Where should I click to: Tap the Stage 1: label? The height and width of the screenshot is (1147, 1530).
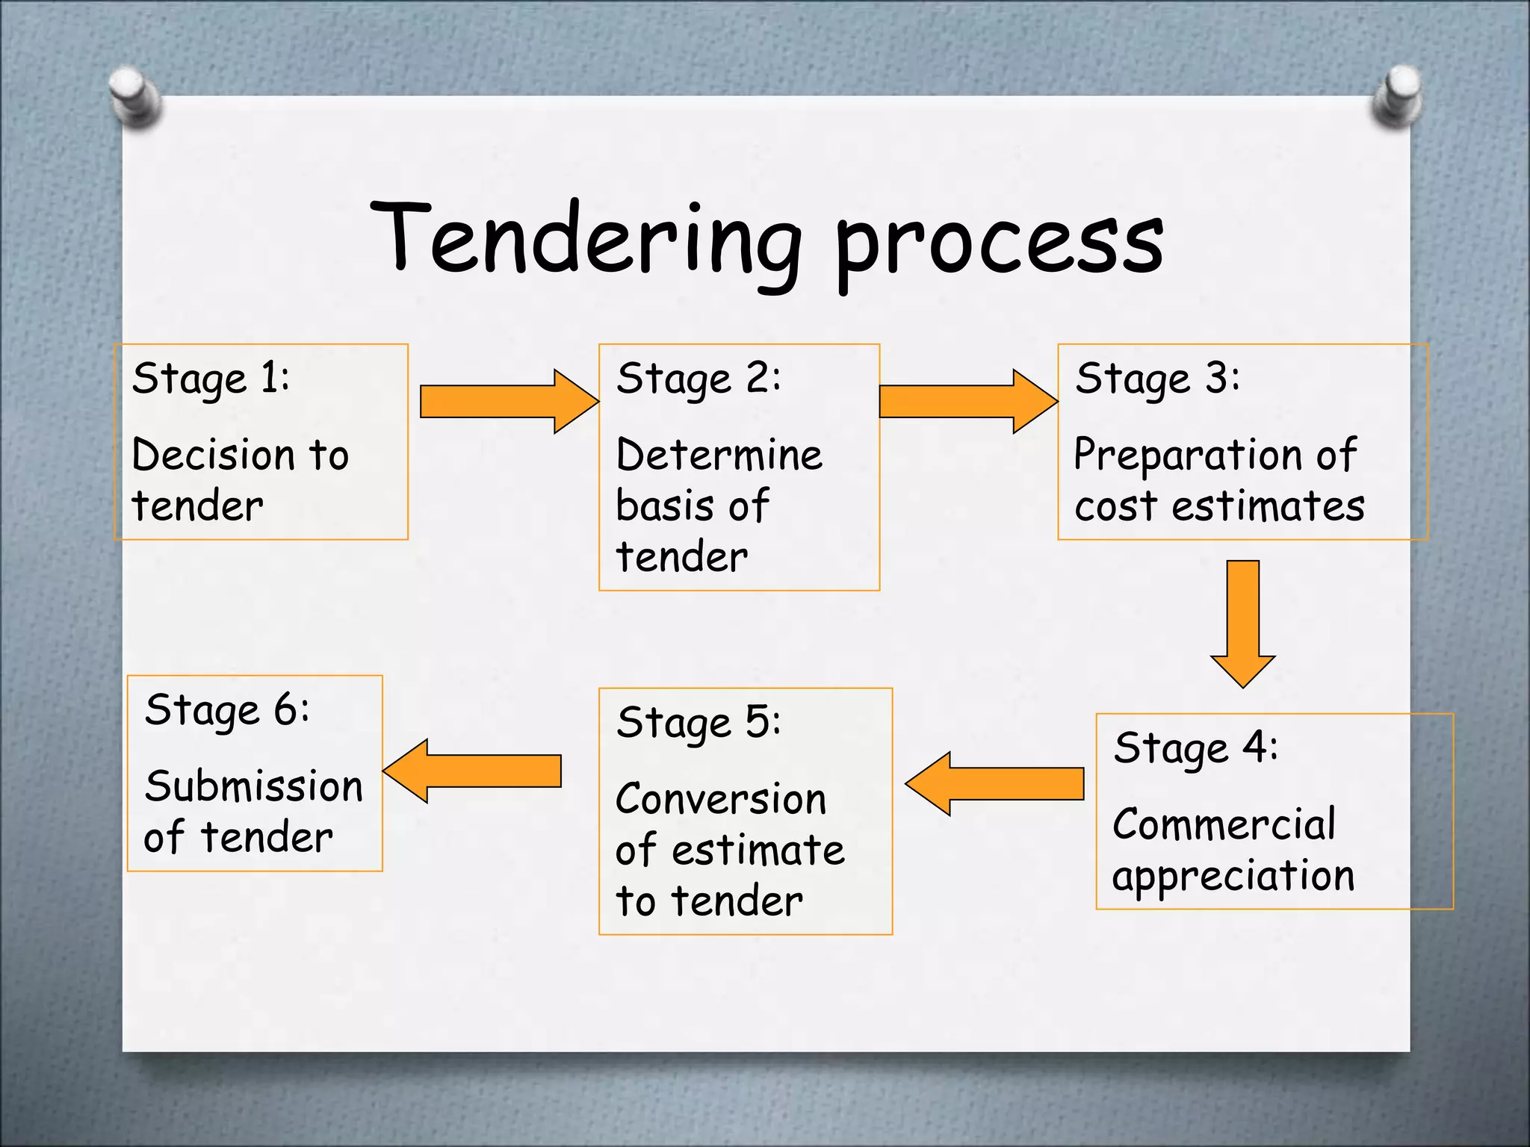[x=211, y=379]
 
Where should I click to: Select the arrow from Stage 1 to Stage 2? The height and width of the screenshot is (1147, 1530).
[x=508, y=402]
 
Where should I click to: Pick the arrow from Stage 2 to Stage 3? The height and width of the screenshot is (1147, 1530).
[x=967, y=402]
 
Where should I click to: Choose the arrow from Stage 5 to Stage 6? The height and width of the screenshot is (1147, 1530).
[x=472, y=771]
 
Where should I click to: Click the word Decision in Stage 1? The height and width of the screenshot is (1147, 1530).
[x=214, y=455]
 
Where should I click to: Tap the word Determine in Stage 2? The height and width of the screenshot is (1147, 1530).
[x=719, y=455]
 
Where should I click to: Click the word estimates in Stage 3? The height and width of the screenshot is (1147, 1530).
[x=1268, y=506]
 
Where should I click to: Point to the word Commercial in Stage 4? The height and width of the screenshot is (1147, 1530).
[x=1224, y=824]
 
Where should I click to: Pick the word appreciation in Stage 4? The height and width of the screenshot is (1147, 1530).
[x=1233, y=877]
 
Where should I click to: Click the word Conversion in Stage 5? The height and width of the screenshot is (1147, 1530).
[x=721, y=799]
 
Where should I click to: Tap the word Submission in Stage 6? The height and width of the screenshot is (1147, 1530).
[x=254, y=786]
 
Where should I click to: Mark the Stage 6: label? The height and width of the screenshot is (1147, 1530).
[x=227, y=710]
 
